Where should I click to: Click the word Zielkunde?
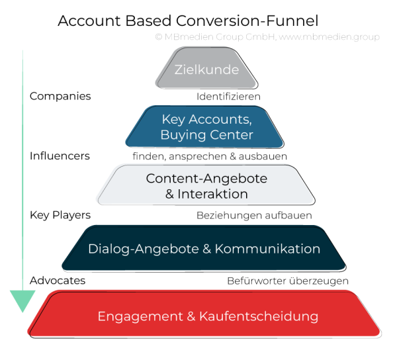[x=206, y=69]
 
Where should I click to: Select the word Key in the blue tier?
[x=172, y=120]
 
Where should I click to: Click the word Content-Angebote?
[x=206, y=179]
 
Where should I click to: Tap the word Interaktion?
[x=212, y=195]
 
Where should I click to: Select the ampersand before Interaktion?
[x=168, y=195]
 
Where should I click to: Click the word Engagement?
[x=137, y=316]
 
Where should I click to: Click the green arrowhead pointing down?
[x=23, y=301]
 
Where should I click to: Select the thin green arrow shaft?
[x=23, y=165]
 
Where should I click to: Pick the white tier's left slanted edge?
[x=105, y=183]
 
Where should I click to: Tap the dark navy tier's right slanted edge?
[x=335, y=247]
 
